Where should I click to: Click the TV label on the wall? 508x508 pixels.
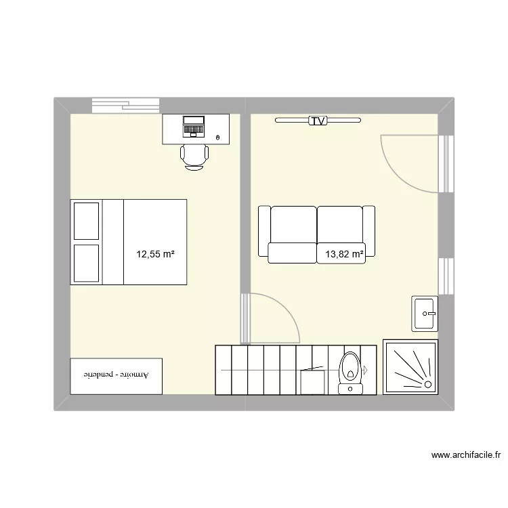tap(318, 121)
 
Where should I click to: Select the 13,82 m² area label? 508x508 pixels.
tap(344, 255)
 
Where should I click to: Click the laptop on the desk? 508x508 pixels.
tap(194, 126)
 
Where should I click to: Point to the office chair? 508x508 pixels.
tap(194, 156)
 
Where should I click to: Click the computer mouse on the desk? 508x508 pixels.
tap(217, 138)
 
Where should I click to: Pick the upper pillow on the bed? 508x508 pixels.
tap(87, 221)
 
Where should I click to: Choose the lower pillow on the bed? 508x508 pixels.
tap(87, 263)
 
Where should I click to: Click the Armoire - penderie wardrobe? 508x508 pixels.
tap(117, 375)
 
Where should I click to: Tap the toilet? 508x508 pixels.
tap(350, 371)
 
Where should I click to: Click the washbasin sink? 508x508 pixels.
tap(425, 313)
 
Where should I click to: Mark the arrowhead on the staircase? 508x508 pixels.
tap(364, 371)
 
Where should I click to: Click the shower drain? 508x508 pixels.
tap(428, 384)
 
